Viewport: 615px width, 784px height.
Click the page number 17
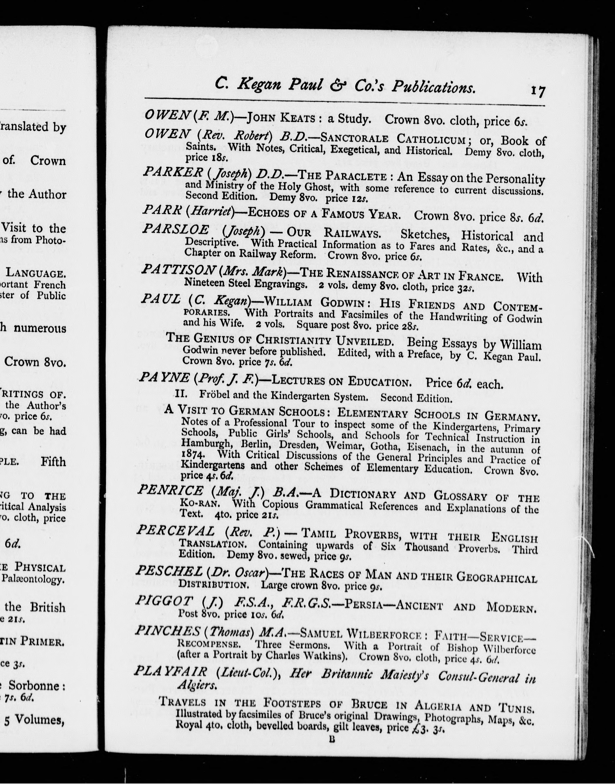538,91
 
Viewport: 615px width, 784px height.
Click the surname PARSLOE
175,229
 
